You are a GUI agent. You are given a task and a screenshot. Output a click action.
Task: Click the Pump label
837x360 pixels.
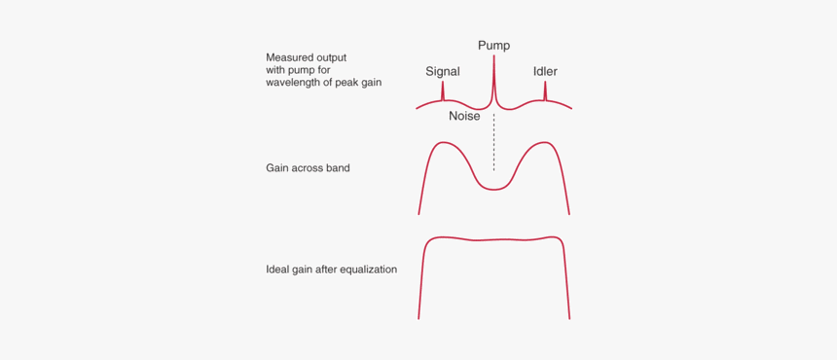coord(493,46)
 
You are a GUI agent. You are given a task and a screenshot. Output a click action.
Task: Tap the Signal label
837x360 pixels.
coord(443,72)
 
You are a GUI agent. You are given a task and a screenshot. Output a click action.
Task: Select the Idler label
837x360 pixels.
coord(545,72)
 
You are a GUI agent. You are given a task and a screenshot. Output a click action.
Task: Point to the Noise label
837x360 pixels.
coord(464,116)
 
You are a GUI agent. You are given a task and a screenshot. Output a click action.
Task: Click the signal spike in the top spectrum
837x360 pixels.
coord(443,91)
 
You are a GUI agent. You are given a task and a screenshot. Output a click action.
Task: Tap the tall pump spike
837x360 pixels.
coord(493,78)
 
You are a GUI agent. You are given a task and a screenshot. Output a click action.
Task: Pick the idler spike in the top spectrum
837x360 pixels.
coord(545,91)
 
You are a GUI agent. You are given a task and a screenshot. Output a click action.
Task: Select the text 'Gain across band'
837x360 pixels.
coord(308,168)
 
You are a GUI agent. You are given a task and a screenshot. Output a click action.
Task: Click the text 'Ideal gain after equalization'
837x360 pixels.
coord(331,270)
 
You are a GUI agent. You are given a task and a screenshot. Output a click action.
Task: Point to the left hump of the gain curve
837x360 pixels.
coord(445,145)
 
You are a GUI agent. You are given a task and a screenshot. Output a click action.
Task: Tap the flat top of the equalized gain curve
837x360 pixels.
coord(493,239)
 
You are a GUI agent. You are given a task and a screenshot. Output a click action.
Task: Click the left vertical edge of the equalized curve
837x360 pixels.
coord(421,282)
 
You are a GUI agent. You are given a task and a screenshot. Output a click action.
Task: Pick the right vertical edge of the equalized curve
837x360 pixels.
coord(566,282)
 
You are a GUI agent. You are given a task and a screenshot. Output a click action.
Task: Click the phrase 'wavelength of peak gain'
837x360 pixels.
coord(323,83)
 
